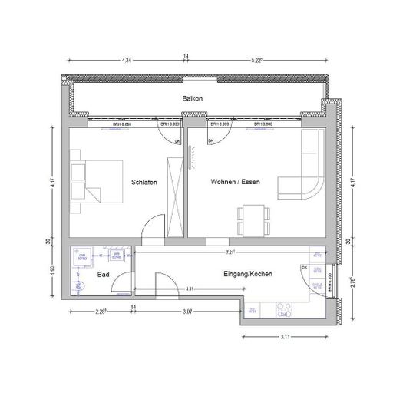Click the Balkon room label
pyautogui.click(x=192, y=99)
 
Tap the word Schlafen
pyautogui.click(x=144, y=182)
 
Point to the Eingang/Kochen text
pyautogui.click(x=250, y=273)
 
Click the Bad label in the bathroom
pyautogui.click(x=103, y=273)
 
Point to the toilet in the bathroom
pyautogui.click(x=79, y=285)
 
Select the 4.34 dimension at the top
pyautogui.click(x=127, y=60)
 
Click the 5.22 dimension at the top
pyautogui.click(x=256, y=60)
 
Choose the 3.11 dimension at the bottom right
pyautogui.click(x=286, y=337)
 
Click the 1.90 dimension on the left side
pyautogui.click(x=52, y=269)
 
